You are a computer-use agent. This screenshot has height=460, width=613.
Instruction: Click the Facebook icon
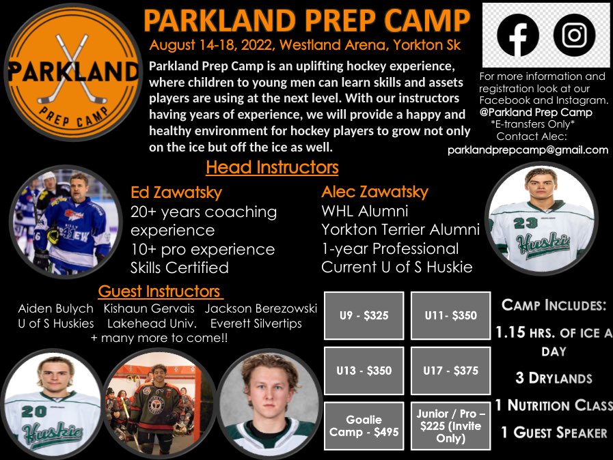(x=518, y=35)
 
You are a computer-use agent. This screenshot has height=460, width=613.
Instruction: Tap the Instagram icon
(x=574, y=35)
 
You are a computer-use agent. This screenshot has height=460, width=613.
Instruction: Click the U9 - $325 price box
(x=364, y=316)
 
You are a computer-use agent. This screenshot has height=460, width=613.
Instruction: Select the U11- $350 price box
(x=450, y=316)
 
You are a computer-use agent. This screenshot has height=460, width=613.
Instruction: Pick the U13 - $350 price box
(x=364, y=371)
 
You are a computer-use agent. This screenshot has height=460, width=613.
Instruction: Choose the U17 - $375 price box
(x=450, y=371)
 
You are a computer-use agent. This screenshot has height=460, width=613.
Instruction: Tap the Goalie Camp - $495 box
(x=364, y=426)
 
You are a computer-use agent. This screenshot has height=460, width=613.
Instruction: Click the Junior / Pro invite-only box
(x=450, y=426)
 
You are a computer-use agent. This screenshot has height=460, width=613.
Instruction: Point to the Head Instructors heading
(x=272, y=167)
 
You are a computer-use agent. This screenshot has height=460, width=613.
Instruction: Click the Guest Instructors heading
(x=160, y=291)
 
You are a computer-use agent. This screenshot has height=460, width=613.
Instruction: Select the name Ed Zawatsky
(x=176, y=193)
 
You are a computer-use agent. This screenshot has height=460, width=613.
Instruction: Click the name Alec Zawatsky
(x=374, y=193)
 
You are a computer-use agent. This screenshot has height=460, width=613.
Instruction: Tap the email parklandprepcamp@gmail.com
(x=528, y=149)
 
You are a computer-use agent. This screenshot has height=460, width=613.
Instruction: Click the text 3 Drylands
(x=554, y=378)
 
